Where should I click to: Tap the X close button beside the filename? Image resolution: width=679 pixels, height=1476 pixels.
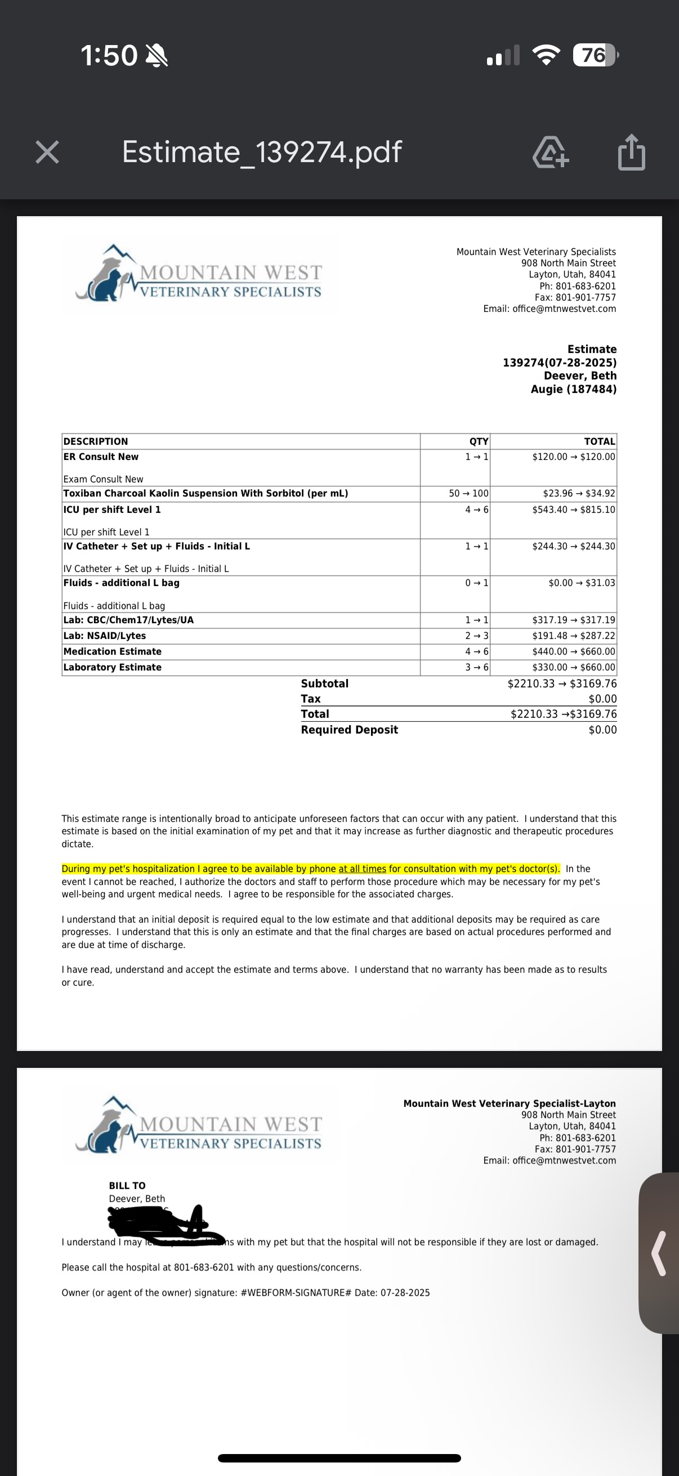47,153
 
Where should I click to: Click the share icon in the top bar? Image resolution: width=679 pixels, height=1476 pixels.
632,153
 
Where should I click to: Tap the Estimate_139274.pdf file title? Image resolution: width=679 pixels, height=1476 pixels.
261,153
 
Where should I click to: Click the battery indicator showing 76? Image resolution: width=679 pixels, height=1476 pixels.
595,55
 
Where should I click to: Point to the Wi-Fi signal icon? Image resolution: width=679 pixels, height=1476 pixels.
547,55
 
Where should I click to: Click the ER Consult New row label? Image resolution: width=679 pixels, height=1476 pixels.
101,457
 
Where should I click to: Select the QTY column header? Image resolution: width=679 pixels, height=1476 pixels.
479,441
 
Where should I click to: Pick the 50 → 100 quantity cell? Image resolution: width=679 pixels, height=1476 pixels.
468,493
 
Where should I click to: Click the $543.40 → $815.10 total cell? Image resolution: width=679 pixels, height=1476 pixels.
573,509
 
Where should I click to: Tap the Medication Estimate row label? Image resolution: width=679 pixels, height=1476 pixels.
112,651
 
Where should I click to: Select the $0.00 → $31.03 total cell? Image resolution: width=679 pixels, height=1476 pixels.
581,583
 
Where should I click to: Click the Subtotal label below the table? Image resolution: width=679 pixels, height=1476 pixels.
324,683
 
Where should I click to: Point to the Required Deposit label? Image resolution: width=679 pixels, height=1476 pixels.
349,730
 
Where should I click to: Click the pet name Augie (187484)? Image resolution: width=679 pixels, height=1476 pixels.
573,389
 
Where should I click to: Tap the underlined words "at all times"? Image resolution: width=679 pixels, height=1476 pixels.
362,869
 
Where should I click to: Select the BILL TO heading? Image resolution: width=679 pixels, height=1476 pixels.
127,1186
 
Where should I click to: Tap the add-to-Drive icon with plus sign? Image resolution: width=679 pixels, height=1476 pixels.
550,153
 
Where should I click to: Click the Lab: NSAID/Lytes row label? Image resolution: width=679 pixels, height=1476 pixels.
104,636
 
